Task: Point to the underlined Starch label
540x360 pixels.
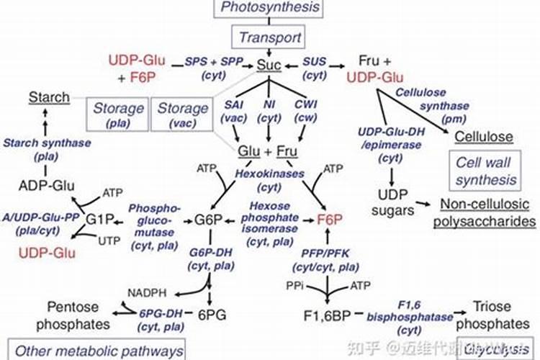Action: click(x=49, y=97)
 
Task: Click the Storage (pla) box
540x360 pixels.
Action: click(x=115, y=115)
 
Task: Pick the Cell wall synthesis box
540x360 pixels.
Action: click(x=485, y=169)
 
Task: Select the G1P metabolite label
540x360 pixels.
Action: click(x=101, y=219)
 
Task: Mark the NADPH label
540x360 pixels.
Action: click(x=146, y=293)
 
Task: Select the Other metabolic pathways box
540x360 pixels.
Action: click(x=97, y=351)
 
